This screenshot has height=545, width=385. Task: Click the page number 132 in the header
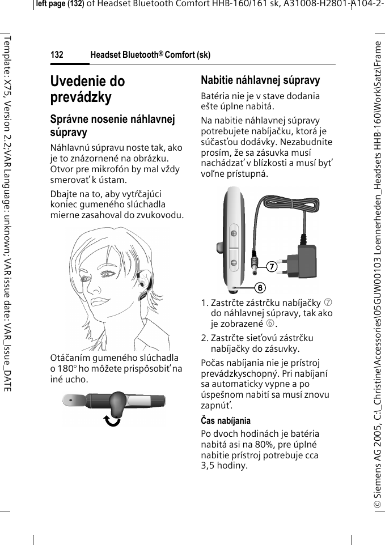(x=57, y=55)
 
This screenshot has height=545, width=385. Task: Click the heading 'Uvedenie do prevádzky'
(x=87, y=89)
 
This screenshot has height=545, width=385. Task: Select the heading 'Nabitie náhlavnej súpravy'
(x=260, y=80)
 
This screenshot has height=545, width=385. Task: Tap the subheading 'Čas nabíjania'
(x=226, y=421)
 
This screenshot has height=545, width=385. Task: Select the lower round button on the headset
(x=233, y=262)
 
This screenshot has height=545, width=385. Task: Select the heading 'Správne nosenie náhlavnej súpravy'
(x=113, y=125)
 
